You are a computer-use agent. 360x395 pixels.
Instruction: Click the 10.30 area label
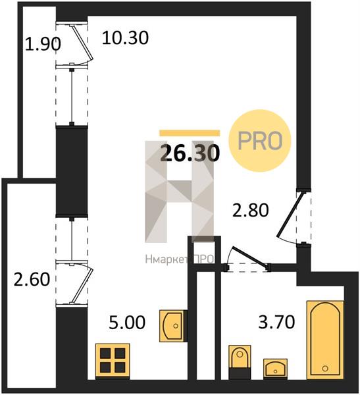[125, 38]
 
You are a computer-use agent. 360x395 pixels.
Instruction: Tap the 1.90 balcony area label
[43, 44]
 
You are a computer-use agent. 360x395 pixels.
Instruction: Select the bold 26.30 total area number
[190, 153]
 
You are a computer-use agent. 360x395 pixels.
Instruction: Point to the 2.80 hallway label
[250, 211]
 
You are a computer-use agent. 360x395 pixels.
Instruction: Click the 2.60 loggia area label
[32, 279]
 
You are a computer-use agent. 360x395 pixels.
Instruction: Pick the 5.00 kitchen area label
[127, 322]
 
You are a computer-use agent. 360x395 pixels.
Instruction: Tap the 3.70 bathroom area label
[276, 322]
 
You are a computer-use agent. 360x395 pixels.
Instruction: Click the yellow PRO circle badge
[260, 141]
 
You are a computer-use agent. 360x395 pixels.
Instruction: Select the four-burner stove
[113, 361]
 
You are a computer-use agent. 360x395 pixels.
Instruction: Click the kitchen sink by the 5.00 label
[173, 326]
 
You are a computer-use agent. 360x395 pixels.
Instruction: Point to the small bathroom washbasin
[275, 369]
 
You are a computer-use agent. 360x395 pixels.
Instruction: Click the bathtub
[325, 340]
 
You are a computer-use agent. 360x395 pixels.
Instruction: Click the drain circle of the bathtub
[325, 368]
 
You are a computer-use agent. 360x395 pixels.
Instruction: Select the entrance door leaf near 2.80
[290, 215]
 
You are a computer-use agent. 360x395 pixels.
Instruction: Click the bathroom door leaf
[249, 257]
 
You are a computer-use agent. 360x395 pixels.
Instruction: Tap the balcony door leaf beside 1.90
[82, 42]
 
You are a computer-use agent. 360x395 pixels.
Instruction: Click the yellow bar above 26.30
[190, 133]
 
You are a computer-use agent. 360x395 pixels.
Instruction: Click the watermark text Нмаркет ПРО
[180, 259]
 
